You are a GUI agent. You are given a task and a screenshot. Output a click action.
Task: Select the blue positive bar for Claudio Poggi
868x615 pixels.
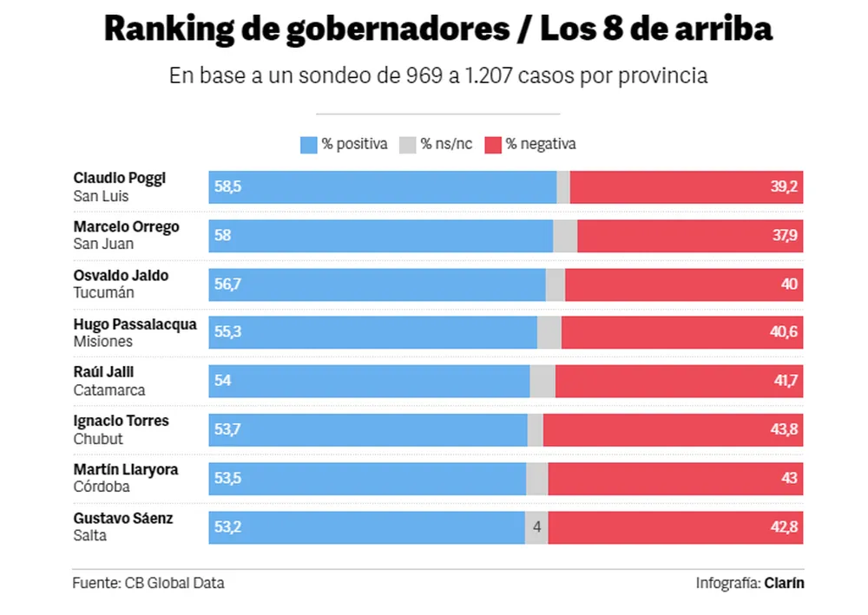382,187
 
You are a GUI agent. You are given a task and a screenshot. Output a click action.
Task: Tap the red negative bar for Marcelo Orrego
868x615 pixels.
690,236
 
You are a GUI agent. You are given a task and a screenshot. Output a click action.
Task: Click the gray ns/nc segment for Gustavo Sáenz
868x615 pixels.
536,527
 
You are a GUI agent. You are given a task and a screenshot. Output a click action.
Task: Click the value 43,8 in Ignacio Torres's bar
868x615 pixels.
784,430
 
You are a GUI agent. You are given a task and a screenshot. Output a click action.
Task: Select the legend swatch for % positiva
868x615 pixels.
308,145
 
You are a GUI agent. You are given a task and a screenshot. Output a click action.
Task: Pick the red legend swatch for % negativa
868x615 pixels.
493,145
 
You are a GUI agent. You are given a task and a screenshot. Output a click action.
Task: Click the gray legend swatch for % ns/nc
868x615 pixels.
407,145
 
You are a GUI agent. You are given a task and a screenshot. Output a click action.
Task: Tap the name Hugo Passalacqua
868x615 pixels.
135,324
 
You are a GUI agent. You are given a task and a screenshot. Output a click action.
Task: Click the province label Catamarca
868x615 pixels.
109,390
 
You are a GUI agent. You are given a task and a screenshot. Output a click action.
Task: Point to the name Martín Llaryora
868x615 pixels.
126,469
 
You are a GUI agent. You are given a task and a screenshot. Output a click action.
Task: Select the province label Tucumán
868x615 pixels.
103,293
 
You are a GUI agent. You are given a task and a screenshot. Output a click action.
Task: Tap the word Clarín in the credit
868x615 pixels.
784,583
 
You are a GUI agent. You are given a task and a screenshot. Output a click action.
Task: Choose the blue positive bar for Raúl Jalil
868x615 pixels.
369,382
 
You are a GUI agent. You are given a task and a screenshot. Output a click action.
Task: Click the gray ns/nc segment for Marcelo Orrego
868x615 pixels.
565,236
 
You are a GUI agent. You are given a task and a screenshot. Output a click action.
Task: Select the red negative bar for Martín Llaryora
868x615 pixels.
675,479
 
